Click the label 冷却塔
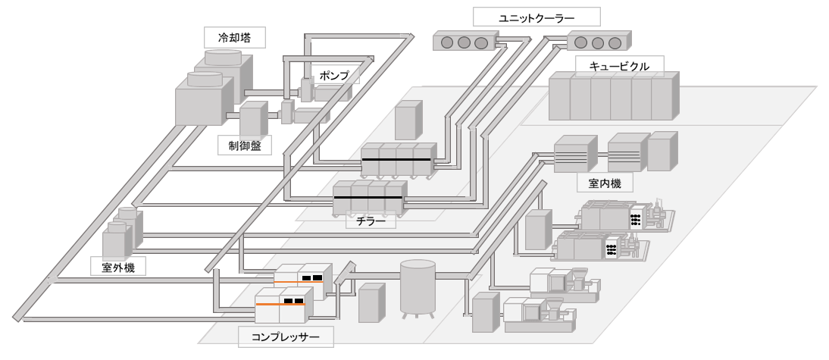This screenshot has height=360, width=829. (227, 36)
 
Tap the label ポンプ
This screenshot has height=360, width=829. (334, 75)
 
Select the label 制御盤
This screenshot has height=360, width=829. (244, 146)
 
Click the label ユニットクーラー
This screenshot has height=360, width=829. (537, 17)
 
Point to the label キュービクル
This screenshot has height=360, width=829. (619, 65)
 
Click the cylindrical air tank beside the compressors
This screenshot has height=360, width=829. (418, 288)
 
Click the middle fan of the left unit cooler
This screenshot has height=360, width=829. (463, 42)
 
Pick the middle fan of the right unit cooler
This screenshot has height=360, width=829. (598, 42)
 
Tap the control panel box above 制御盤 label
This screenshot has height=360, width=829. (252, 121)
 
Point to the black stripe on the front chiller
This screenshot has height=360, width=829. (368, 198)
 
